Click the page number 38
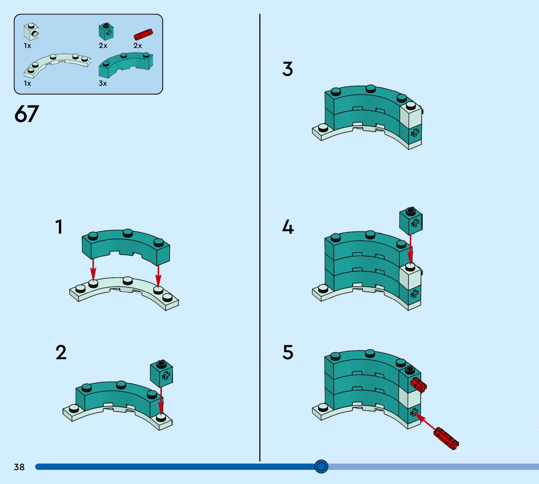click(x=19, y=467)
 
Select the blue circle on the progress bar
click(x=321, y=466)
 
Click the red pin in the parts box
click(x=143, y=34)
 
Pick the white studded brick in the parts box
click(x=31, y=32)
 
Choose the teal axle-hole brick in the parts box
click(x=106, y=31)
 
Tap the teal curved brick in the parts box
click(x=125, y=64)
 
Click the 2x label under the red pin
click(x=137, y=46)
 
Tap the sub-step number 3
click(x=288, y=69)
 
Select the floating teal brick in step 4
click(x=411, y=221)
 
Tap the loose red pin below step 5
click(x=446, y=438)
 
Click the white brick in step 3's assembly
click(x=411, y=115)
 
